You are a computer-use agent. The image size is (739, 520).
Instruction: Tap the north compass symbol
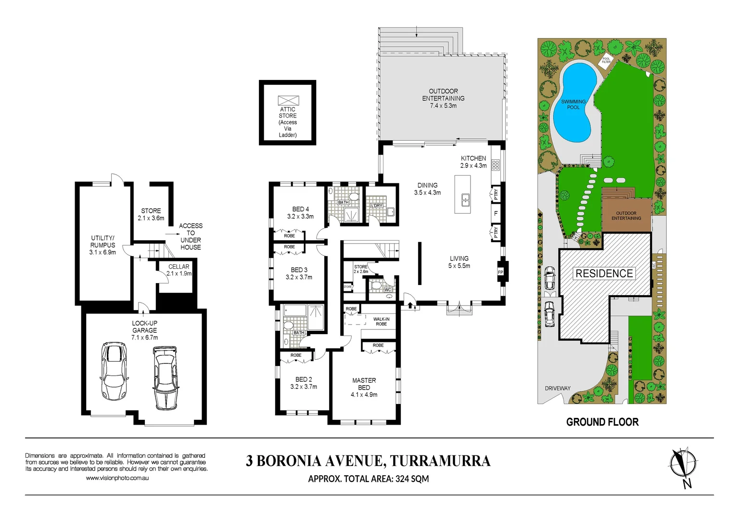(x=683, y=465)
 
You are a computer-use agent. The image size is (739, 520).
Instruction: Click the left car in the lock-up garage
(x=115, y=371)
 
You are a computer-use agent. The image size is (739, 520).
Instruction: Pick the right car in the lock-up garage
(x=165, y=378)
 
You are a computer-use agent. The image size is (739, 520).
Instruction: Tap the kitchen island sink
(x=465, y=199)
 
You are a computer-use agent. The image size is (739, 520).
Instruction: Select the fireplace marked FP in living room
(x=501, y=273)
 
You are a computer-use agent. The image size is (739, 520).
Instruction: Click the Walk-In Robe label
(x=381, y=322)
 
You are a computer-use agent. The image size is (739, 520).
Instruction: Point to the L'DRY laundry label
(x=377, y=206)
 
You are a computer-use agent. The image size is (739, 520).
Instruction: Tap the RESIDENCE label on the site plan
(x=604, y=273)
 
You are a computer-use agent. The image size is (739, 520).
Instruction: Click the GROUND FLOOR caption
(x=602, y=422)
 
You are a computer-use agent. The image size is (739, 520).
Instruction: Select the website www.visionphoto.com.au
(x=117, y=478)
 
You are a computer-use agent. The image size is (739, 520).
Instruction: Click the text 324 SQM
(x=412, y=479)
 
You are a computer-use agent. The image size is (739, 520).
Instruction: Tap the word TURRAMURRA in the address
(x=440, y=461)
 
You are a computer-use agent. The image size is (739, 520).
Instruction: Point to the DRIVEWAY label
(x=558, y=388)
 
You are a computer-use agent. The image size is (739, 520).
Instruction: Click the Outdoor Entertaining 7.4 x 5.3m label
(x=443, y=98)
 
